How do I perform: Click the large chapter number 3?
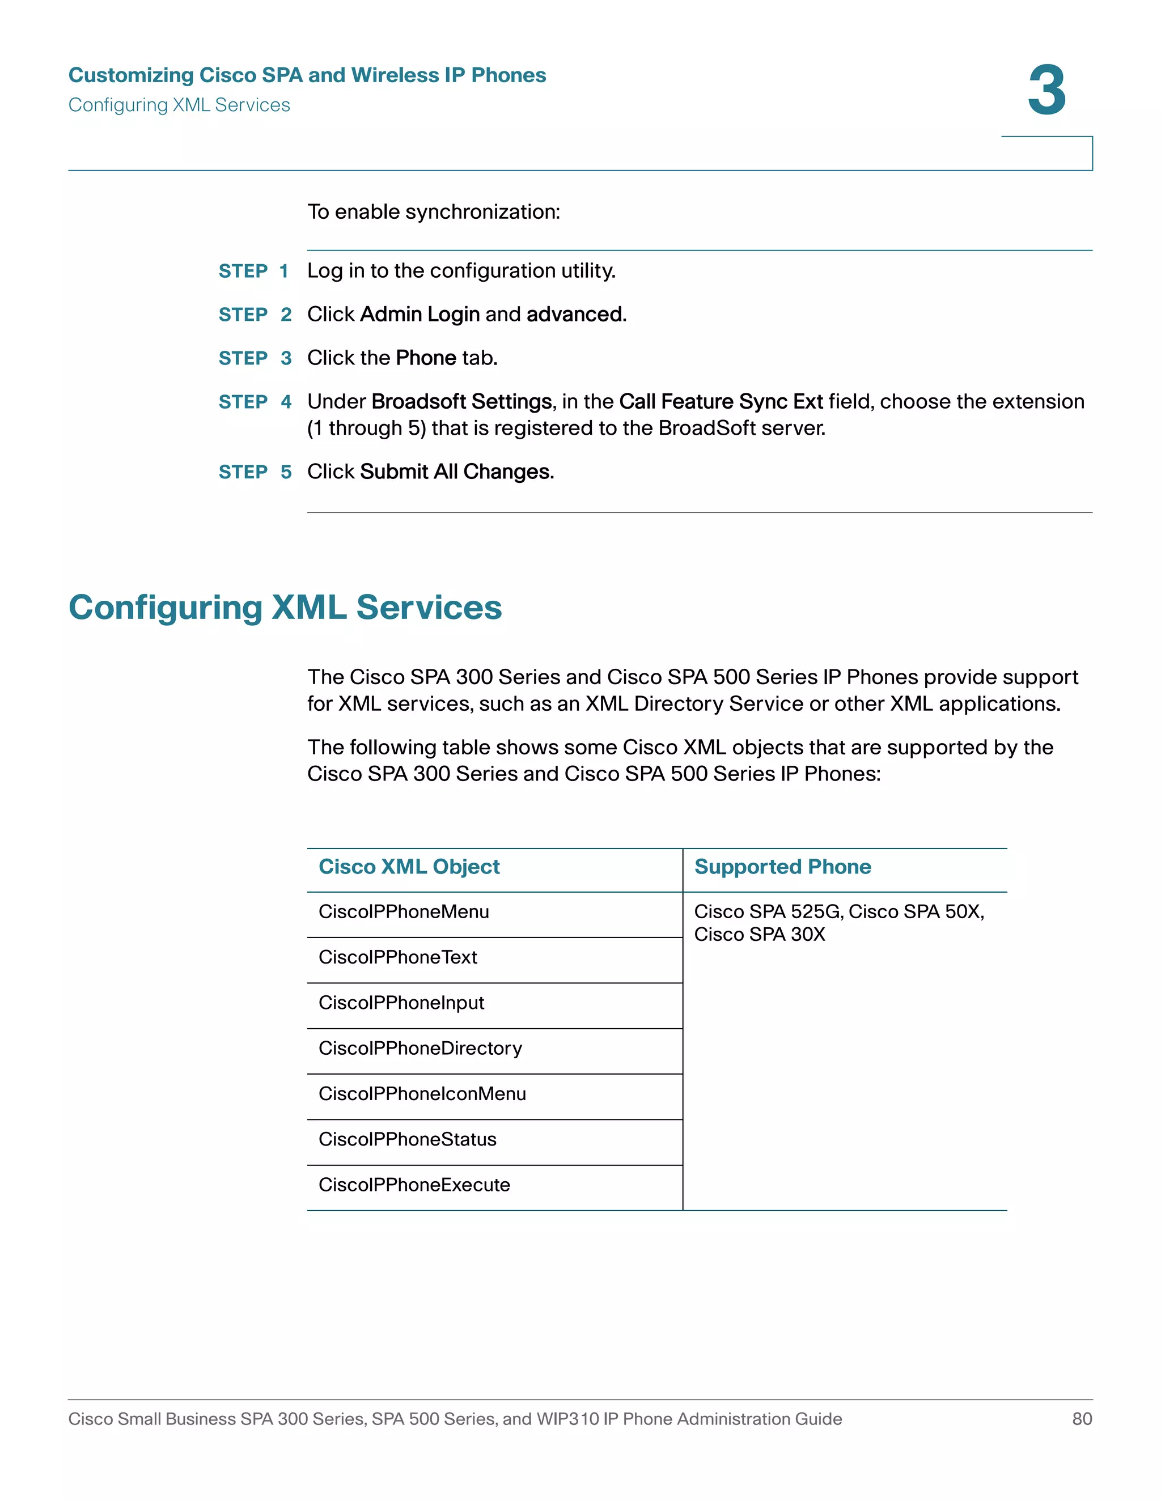pos(1046,91)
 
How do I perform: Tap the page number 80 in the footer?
pos(1082,1419)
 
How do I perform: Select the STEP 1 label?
pos(253,271)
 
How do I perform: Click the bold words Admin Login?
pos(420,315)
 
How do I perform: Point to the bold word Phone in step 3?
pos(426,358)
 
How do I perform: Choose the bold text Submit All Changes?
pos(457,472)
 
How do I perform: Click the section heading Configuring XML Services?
pos(286,607)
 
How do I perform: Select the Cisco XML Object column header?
pos(409,867)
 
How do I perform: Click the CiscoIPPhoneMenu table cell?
pos(404,912)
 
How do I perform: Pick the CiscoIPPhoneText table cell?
pos(397,957)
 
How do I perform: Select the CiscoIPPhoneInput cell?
pos(401,1003)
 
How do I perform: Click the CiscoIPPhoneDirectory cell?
pos(420,1048)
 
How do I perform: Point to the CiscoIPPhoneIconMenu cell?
pos(422,1093)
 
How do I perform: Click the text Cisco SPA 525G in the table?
pos(767,912)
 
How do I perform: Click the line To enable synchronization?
pos(433,212)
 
